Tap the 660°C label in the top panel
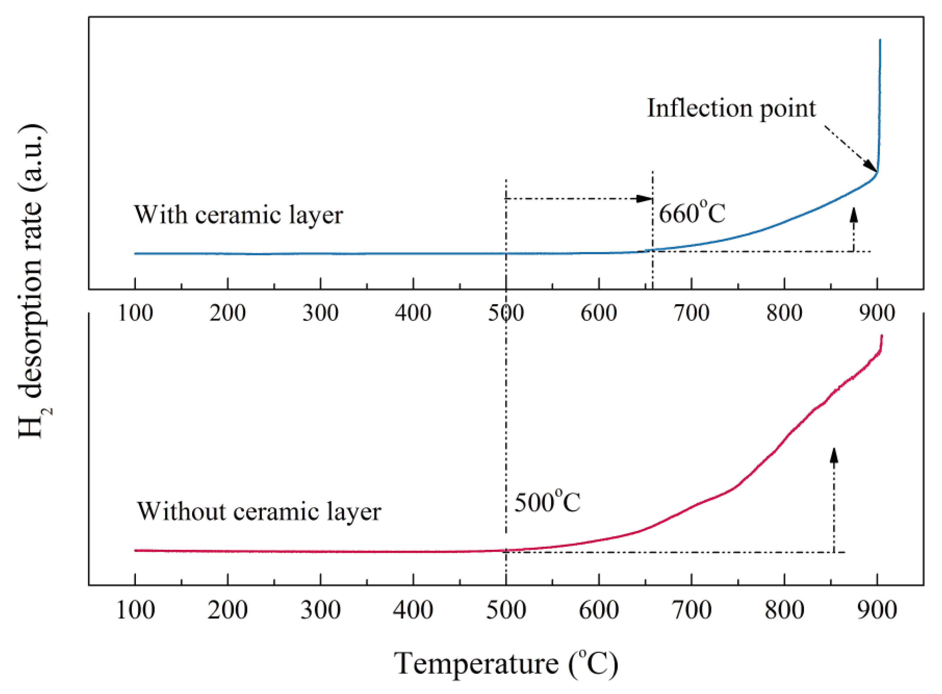pyautogui.click(x=692, y=214)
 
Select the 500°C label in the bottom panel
pyautogui.click(x=547, y=502)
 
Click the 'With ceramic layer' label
pyautogui.click(x=238, y=215)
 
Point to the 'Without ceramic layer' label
pyautogui.click(x=259, y=512)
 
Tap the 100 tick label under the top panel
pyautogui.click(x=135, y=313)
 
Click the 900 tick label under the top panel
pyautogui.click(x=877, y=313)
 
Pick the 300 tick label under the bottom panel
pyautogui.click(x=320, y=610)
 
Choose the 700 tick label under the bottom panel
pyautogui.click(x=692, y=610)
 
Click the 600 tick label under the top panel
pyautogui.click(x=598, y=313)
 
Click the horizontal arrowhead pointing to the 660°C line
pyautogui.click(x=645, y=199)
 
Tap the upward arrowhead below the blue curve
pyautogui.click(x=853, y=214)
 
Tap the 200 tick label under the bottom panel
pyautogui.click(x=227, y=610)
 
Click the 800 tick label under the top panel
pyautogui.click(x=784, y=313)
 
